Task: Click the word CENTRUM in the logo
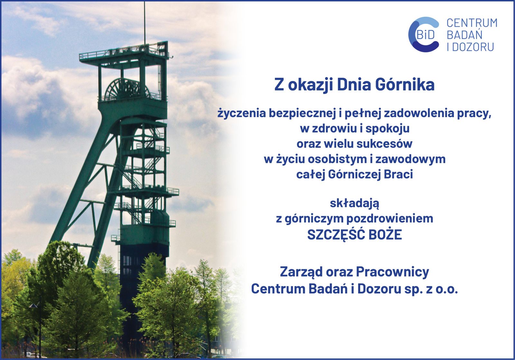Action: pos(472,23)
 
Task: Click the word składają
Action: pos(354,204)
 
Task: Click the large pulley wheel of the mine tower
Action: pos(127,90)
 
